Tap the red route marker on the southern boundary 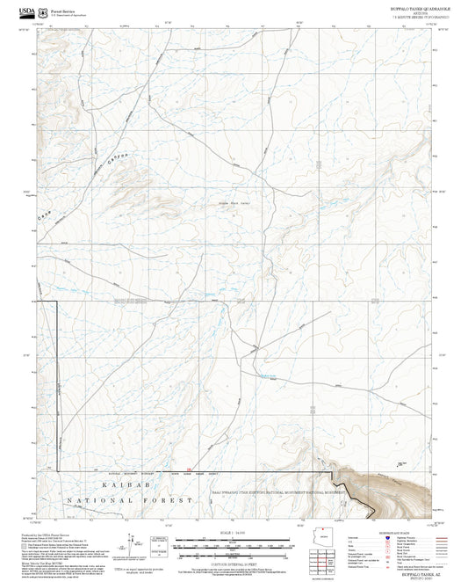(189, 468)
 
